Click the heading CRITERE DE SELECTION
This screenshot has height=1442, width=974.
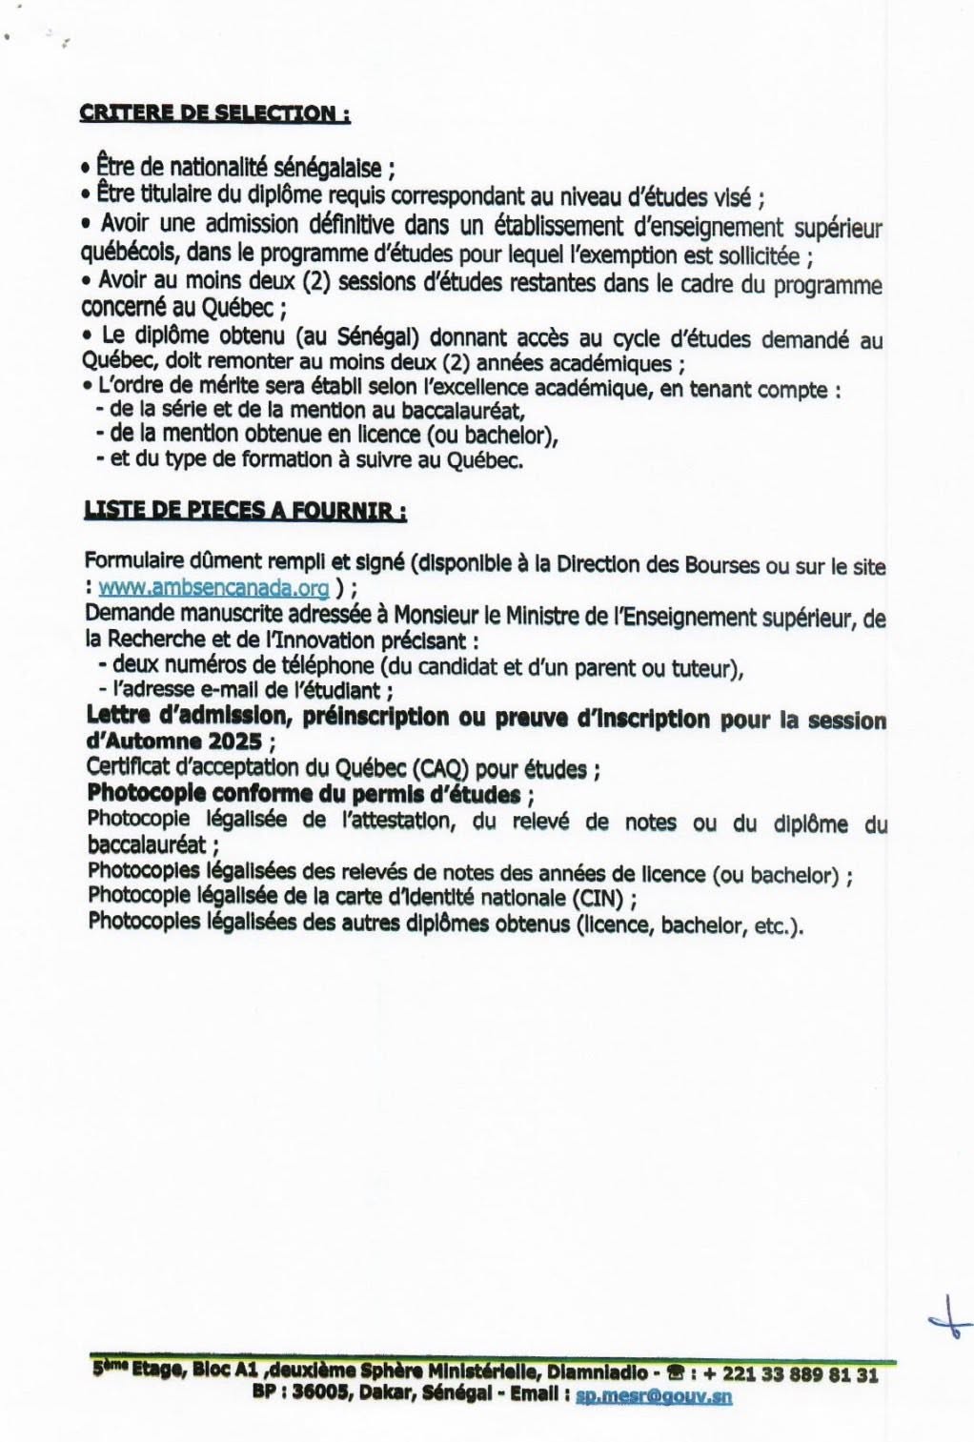pos(214,112)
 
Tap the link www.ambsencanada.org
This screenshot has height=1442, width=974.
pos(213,588)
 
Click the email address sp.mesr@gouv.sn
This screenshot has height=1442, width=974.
pos(655,1396)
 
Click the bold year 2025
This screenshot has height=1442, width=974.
pos(241,742)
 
